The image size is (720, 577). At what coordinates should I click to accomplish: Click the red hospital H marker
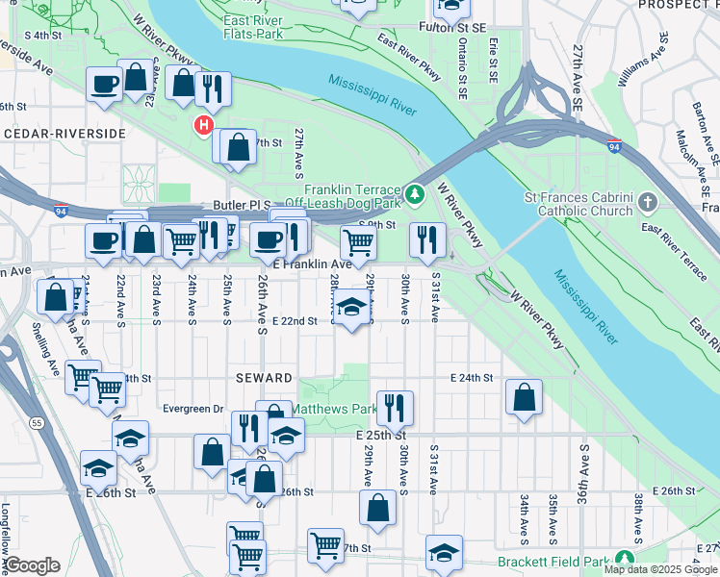click(203, 124)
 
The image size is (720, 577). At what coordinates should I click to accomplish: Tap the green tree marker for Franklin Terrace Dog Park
click(415, 195)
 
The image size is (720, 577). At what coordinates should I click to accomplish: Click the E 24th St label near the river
click(472, 378)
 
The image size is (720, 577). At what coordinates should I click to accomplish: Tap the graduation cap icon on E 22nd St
click(352, 307)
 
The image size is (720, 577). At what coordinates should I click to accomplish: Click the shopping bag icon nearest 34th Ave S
click(524, 397)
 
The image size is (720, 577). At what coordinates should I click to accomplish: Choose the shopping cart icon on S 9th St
click(358, 244)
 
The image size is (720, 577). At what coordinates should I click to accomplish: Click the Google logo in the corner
click(31, 565)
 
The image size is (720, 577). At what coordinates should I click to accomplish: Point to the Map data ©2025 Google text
click(659, 569)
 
